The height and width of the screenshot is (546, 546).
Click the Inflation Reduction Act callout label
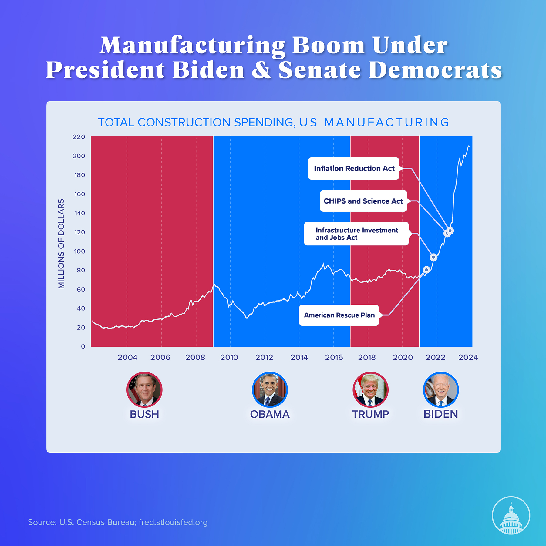pos(354,168)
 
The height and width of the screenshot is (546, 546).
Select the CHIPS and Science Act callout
pos(363,201)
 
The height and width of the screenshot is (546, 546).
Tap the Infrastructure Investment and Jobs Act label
pos(356,234)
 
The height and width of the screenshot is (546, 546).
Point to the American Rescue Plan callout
pos(339,315)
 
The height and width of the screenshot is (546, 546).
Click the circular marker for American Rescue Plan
pos(426,270)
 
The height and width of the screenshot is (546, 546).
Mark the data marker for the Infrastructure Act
pos(433,257)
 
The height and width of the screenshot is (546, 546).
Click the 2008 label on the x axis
pos(195,357)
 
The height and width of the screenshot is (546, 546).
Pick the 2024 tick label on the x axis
pos(468,357)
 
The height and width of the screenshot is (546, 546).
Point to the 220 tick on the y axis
pos(79,137)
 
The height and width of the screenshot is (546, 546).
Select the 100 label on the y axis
pos(79,251)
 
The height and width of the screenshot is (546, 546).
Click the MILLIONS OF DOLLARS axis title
pos(61,244)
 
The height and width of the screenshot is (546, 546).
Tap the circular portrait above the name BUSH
pos(144,390)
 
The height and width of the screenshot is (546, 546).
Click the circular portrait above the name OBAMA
pos(270,390)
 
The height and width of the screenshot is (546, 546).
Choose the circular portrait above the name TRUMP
pos(370,390)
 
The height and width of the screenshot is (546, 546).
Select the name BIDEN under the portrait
pos(441,414)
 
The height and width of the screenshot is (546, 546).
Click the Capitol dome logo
pos(511,515)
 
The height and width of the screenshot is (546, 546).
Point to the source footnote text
pos(118,522)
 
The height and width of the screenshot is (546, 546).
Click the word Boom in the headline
pos(329,45)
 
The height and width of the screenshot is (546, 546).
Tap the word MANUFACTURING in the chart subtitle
pos(386,123)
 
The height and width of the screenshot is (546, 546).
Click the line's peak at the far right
pos(469,146)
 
